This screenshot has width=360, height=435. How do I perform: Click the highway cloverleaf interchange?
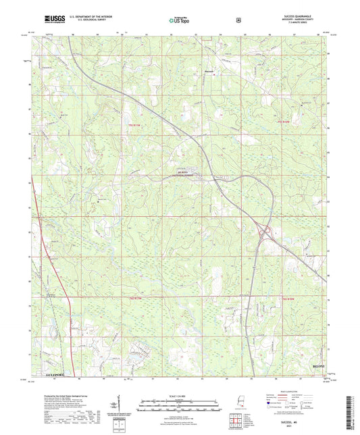[265, 234]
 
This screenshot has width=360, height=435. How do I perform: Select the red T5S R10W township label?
[288, 122]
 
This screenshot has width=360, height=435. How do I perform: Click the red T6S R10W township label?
[289, 298]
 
